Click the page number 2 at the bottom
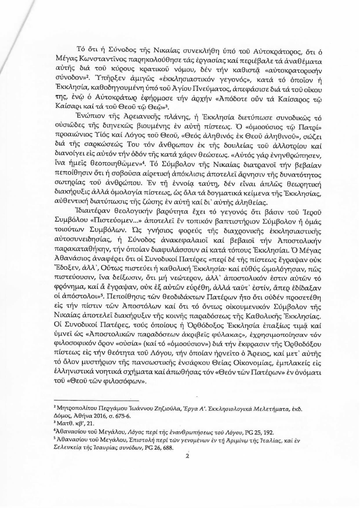pos(187,457)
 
